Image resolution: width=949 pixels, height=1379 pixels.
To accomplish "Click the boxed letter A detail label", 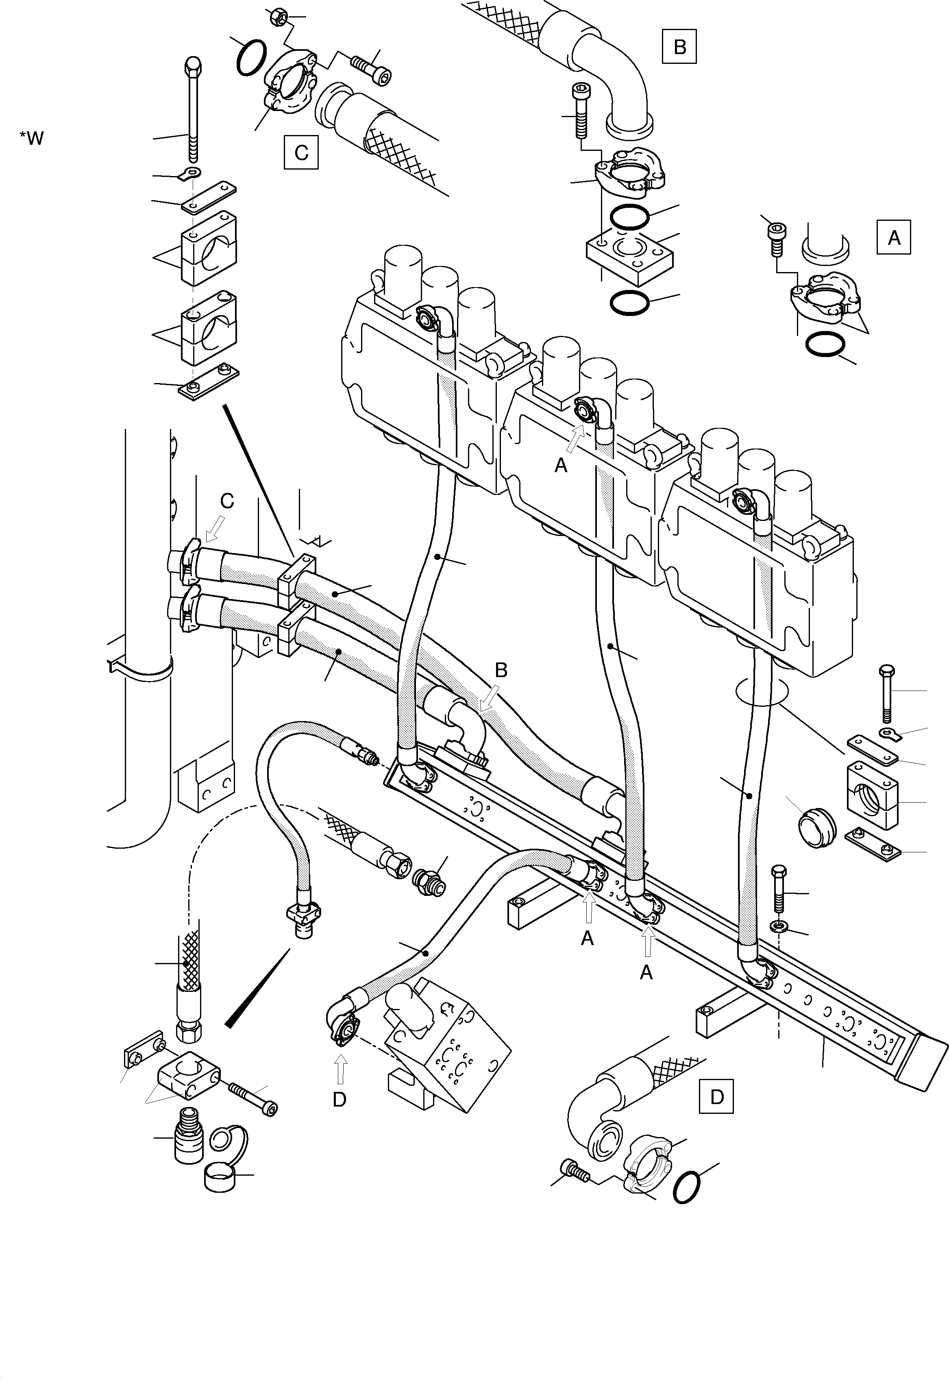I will pos(894,237).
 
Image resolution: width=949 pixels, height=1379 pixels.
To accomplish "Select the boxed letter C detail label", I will pos(301,153).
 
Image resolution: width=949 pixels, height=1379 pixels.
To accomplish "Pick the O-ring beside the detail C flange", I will pos(251,58).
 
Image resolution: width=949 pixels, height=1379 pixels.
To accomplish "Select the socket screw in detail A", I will pos(776,237).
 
